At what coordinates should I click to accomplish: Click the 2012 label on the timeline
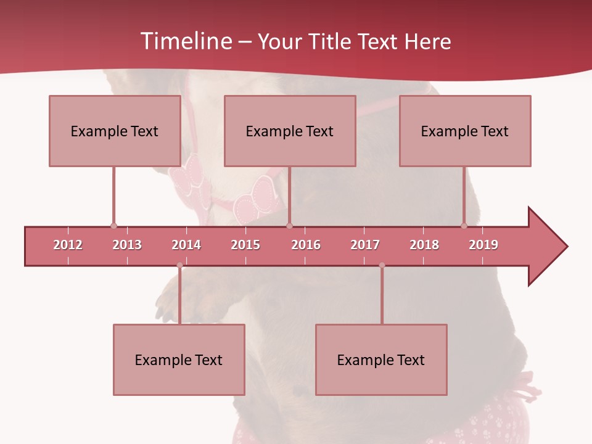click(68, 245)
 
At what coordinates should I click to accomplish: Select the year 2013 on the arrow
click(127, 245)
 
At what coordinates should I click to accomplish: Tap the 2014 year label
click(186, 245)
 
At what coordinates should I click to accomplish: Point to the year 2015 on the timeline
click(245, 245)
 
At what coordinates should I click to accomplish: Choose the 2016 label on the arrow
click(306, 245)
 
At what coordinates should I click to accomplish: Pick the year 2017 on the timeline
click(365, 245)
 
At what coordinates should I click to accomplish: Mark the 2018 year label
click(424, 245)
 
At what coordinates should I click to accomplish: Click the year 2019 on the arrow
click(483, 245)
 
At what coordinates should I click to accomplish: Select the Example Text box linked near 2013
click(115, 131)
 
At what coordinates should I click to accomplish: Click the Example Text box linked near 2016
click(290, 131)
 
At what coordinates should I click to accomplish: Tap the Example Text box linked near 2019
click(465, 131)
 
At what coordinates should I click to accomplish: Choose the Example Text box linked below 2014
click(179, 360)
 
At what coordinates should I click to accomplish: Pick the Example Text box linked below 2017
click(381, 360)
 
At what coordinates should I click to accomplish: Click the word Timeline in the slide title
click(184, 41)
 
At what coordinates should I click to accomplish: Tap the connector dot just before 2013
click(113, 226)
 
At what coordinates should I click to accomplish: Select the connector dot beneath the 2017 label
click(382, 265)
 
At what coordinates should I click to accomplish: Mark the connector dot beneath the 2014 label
click(179, 265)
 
